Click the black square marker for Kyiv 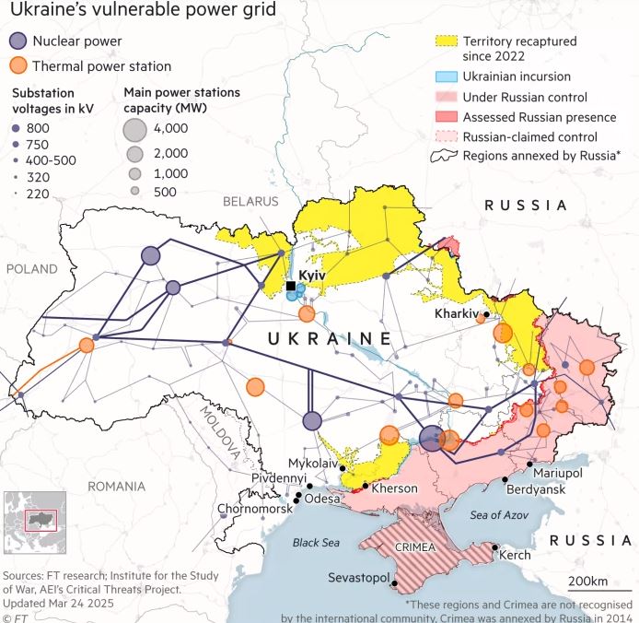click(x=292, y=287)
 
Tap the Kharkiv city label click(x=457, y=314)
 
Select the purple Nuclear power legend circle click(x=17, y=41)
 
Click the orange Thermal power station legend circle click(x=17, y=66)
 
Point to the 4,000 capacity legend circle click(x=134, y=130)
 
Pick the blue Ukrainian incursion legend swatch click(x=446, y=76)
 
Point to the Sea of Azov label click(x=500, y=514)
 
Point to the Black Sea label click(x=317, y=543)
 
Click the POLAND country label click(x=32, y=268)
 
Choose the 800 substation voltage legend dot click(x=17, y=127)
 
